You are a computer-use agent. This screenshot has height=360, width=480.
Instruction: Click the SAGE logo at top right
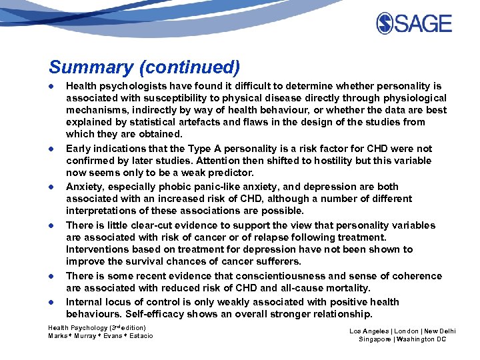(x=414, y=24)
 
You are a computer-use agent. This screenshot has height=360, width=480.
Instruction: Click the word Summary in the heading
(x=82, y=67)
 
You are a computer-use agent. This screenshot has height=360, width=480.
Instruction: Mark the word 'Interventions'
(x=98, y=249)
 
